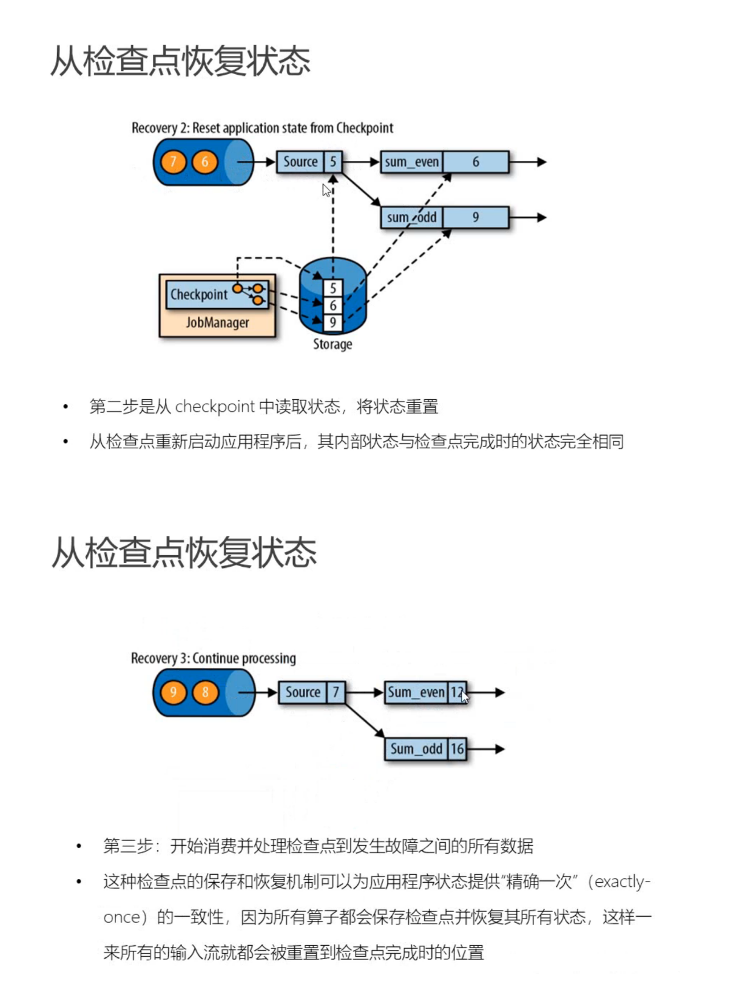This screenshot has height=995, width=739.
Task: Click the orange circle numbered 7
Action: pos(174,162)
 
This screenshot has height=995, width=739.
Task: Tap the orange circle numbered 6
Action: pos(204,162)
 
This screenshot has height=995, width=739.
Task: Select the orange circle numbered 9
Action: pos(174,692)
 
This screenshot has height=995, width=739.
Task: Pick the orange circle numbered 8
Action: pos(205,692)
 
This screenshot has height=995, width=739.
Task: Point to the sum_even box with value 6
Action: pos(444,162)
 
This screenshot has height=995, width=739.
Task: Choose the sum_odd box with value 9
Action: pos(444,217)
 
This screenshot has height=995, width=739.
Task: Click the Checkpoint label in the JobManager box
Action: pos(198,295)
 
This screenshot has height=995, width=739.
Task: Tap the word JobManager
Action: pos(217,322)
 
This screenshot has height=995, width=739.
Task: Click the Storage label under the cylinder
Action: pos(332,344)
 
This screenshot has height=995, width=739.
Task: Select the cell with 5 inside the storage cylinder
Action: pos(332,288)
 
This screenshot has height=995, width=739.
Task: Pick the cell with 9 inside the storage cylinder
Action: pos(332,323)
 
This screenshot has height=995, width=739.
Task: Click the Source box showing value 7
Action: pos(311,692)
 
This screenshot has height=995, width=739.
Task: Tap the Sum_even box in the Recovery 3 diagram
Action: pos(425,692)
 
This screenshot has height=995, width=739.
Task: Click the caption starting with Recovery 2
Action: pos(262,128)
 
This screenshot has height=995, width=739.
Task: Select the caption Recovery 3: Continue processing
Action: pos(213,658)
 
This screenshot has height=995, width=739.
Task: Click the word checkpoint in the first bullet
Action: pos(215,406)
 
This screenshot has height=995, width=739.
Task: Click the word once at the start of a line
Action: pos(122,917)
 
